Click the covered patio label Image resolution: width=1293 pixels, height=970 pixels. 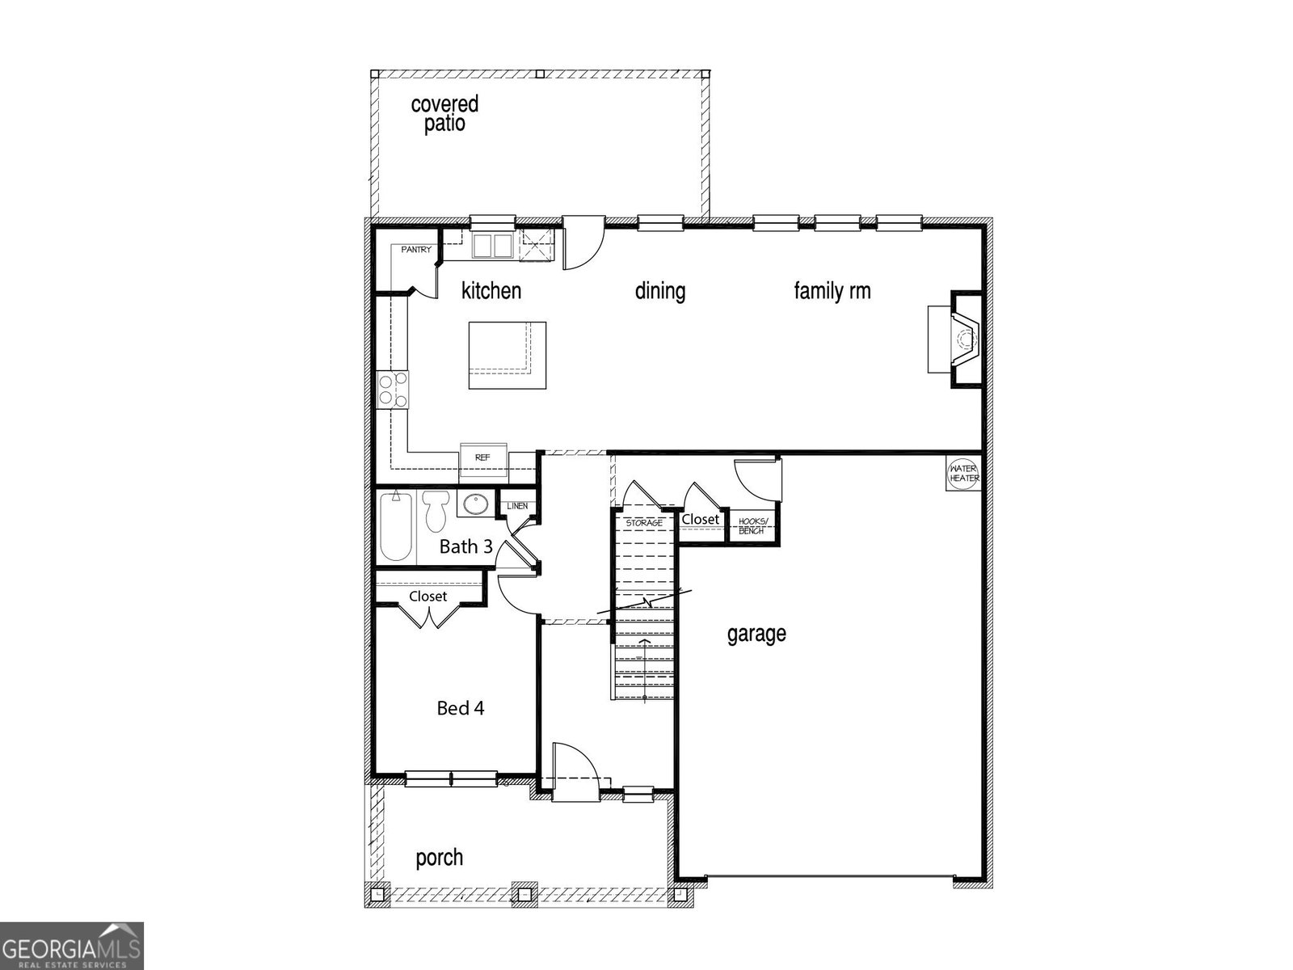coord(444,113)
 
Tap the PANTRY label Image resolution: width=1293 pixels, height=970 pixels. coord(416,250)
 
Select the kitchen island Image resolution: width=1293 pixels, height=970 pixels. coord(508,355)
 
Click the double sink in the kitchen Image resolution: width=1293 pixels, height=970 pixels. coord(492,245)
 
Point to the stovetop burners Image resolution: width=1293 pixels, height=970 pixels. coord(393,390)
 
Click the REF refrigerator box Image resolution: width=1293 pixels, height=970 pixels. coord(483,459)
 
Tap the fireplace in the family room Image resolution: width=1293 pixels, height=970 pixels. coord(954,339)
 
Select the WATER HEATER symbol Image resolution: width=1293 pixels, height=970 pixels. coord(963,473)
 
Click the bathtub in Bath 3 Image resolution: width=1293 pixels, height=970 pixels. coord(395,526)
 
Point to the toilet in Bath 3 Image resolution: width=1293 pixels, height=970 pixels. coord(436,510)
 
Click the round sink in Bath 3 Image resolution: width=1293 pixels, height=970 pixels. coord(476,504)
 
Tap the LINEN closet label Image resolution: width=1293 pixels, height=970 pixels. coord(517,506)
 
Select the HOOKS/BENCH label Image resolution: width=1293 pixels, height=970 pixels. coord(753,526)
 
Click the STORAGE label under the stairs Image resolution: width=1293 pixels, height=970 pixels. coord(644,523)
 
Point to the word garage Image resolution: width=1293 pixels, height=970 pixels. coord(756,635)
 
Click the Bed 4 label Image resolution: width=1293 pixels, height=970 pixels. coord(460,707)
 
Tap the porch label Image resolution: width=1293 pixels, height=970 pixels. coord(439,858)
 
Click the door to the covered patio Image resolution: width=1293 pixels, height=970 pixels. coord(583,242)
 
